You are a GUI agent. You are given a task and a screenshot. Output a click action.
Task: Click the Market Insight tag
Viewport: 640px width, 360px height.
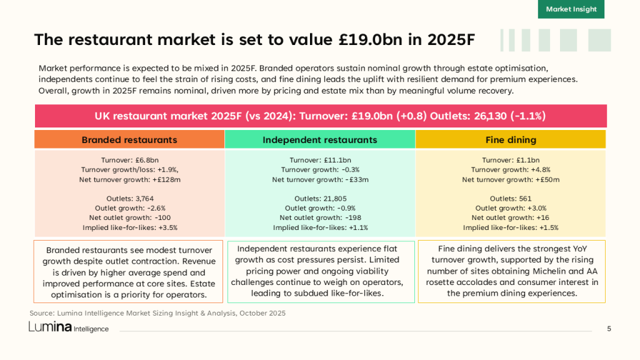pyautogui.click(x=571, y=9)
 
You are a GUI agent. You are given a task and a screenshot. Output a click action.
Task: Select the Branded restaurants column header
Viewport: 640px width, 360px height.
pyautogui.click(x=129, y=139)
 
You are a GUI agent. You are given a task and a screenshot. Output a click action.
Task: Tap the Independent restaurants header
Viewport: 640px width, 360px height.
pyautogui.click(x=320, y=139)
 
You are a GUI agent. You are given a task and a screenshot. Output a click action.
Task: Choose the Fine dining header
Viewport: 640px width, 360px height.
pyautogui.click(x=511, y=139)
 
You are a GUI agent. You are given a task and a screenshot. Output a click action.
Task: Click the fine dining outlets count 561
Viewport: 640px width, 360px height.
pyautogui.click(x=524, y=199)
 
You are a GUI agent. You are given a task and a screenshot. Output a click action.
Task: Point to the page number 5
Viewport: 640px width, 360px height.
pyautogui.click(x=609, y=329)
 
